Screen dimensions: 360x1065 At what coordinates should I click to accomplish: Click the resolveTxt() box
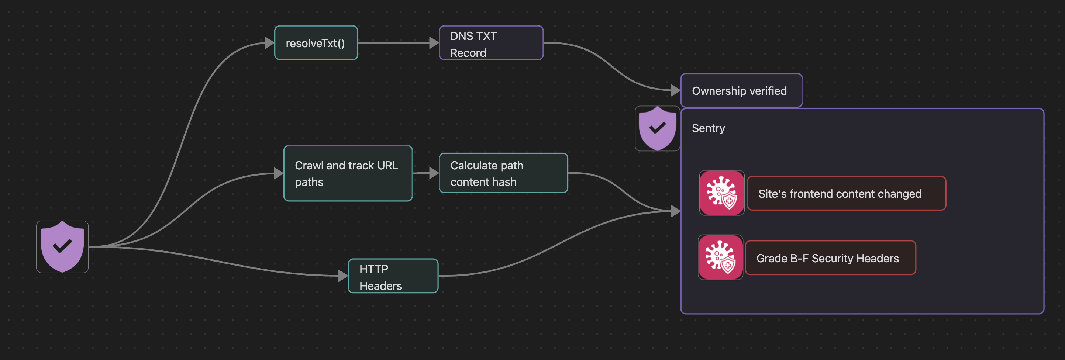coord(316,43)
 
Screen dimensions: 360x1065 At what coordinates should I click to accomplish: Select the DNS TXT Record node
coord(491,43)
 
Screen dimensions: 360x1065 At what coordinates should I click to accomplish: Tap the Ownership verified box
coord(741,90)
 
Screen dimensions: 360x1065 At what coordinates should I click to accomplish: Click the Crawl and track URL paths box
coord(348,173)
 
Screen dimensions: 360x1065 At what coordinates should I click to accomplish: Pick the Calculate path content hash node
coord(503,173)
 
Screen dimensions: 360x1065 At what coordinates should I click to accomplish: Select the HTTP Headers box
coord(393,276)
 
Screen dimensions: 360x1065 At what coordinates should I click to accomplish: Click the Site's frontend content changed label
coord(846,193)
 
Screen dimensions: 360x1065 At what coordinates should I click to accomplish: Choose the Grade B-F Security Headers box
coord(830,258)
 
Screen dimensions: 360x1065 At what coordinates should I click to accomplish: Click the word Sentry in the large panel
coord(708,128)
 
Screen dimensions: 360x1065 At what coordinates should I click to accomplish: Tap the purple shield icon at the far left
coord(62,247)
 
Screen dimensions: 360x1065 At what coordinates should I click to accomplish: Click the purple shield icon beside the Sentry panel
coord(657,128)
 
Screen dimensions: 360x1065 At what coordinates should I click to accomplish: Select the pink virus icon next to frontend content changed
coord(721,193)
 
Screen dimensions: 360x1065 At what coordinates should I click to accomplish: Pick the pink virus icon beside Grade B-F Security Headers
coord(720,257)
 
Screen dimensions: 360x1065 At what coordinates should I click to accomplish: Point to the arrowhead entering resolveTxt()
coord(269,42)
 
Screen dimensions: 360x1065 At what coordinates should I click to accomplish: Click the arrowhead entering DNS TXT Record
coord(434,42)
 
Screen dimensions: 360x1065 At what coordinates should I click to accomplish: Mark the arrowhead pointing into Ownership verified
coord(675,90)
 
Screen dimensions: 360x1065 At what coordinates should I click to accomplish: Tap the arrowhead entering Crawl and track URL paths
coord(278,173)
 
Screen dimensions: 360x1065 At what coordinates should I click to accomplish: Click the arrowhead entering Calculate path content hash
coord(434,173)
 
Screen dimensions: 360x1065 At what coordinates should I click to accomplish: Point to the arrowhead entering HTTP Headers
coord(343,276)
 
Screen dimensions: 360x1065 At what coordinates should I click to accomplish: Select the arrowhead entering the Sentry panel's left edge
coord(675,211)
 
